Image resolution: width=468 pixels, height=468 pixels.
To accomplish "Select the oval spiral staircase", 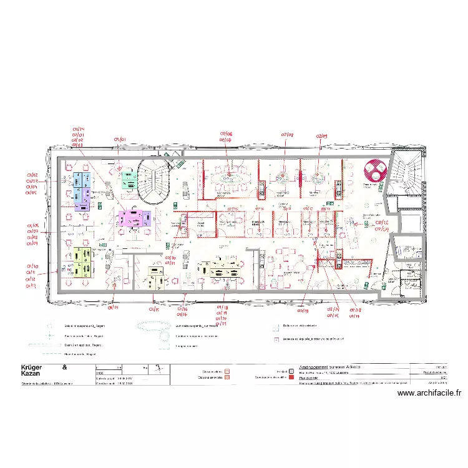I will pyautogui.click(x=154, y=181).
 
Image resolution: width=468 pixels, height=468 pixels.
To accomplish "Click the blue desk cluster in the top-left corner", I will pyautogui.click(x=82, y=181).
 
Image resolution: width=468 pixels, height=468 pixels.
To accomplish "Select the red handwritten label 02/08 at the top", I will pyautogui.click(x=286, y=134).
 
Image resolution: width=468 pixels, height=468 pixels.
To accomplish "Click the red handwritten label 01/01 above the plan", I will pyautogui.click(x=120, y=140).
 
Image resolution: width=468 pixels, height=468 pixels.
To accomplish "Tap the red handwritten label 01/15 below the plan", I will pyautogui.click(x=154, y=309).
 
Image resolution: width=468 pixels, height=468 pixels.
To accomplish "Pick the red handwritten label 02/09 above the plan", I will pyautogui.click(x=321, y=135).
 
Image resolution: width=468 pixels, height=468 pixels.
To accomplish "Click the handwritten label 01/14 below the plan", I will pyautogui.click(x=114, y=307).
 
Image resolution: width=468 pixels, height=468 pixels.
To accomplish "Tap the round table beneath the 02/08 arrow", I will pyautogui.click(x=282, y=177).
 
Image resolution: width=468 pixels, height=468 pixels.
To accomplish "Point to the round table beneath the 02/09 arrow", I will pyautogui.click(x=318, y=177).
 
